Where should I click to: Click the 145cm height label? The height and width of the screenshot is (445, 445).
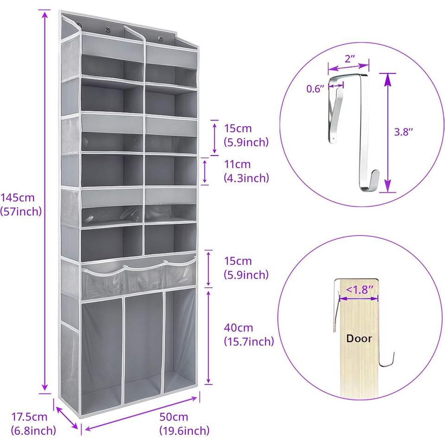(x=18, y=197)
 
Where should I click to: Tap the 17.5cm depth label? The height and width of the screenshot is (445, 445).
(x=29, y=417)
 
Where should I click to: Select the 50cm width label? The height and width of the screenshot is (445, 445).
(x=174, y=417)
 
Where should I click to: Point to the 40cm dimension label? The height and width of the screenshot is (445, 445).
(x=238, y=328)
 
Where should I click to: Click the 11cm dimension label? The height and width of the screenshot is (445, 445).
(x=237, y=164)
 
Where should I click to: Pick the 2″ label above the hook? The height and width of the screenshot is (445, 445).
(x=350, y=59)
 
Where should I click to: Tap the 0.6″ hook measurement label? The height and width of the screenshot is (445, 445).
(x=315, y=89)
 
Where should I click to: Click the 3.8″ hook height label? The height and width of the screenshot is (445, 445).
(x=403, y=132)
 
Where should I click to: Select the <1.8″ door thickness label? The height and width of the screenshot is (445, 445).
(x=360, y=290)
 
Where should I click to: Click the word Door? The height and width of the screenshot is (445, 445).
(x=359, y=338)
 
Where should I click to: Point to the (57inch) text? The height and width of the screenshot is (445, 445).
(x=21, y=211)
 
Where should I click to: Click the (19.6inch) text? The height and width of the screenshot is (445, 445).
(x=184, y=431)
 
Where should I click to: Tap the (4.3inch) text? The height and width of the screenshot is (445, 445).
(x=246, y=178)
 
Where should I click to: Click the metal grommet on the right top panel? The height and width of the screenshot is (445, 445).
(x=161, y=38)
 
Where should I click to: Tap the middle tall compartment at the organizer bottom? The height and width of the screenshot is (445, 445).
(x=144, y=347)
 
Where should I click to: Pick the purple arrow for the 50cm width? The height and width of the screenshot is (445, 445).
(x=141, y=414)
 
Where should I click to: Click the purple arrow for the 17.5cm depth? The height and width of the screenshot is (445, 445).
(x=67, y=418)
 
